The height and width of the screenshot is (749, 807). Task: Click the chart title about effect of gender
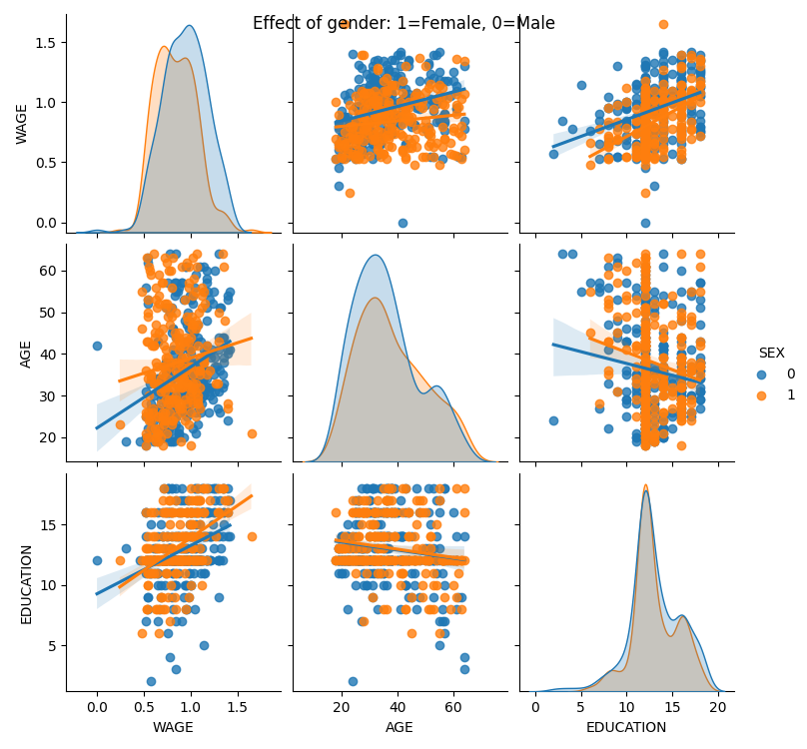click(403, 23)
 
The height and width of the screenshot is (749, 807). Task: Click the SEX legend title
click(771, 353)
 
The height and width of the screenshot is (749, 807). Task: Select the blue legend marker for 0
click(762, 374)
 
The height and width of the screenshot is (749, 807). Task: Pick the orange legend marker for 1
click(762, 395)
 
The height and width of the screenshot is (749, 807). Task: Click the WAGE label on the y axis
click(22, 124)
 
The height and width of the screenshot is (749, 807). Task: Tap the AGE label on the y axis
click(26, 353)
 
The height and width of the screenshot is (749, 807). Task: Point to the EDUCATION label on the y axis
click(26, 584)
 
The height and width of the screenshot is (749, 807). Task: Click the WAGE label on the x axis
click(173, 728)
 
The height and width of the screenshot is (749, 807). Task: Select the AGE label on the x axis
click(400, 728)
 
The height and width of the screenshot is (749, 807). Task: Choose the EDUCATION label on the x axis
click(626, 728)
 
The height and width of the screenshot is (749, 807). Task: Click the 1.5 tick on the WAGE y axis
click(48, 42)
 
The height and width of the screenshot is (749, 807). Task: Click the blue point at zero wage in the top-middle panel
click(403, 223)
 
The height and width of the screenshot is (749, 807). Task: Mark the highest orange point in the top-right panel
click(663, 24)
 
